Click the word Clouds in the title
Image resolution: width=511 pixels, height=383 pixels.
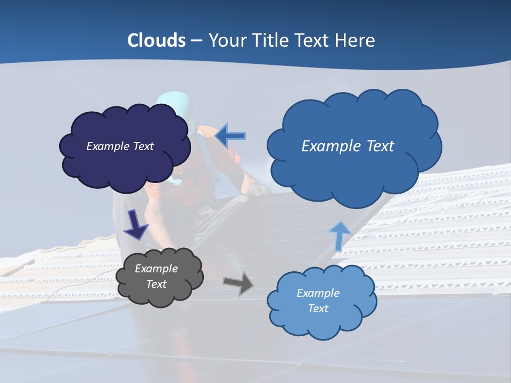coord(156,40)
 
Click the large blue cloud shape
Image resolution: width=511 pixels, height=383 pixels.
coord(354,176)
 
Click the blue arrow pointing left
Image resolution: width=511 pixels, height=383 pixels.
coord(230,136)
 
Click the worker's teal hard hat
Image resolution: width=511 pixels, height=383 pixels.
coord(173,101)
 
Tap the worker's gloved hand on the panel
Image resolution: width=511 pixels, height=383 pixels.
coord(259,190)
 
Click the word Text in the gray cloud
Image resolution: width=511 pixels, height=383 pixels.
coord(156,284)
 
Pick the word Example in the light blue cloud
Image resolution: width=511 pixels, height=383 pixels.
coord(318,293)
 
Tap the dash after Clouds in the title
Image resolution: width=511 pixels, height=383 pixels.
coord(196,40)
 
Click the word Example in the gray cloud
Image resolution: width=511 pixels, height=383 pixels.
coord(156,269)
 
